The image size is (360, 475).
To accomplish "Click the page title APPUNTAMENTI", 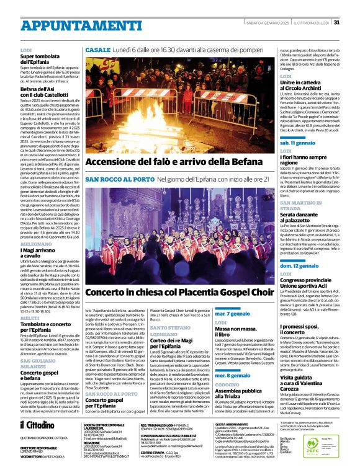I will click(x=63, y=24).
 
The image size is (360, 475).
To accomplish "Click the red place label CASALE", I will click(x=98, y=50).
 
